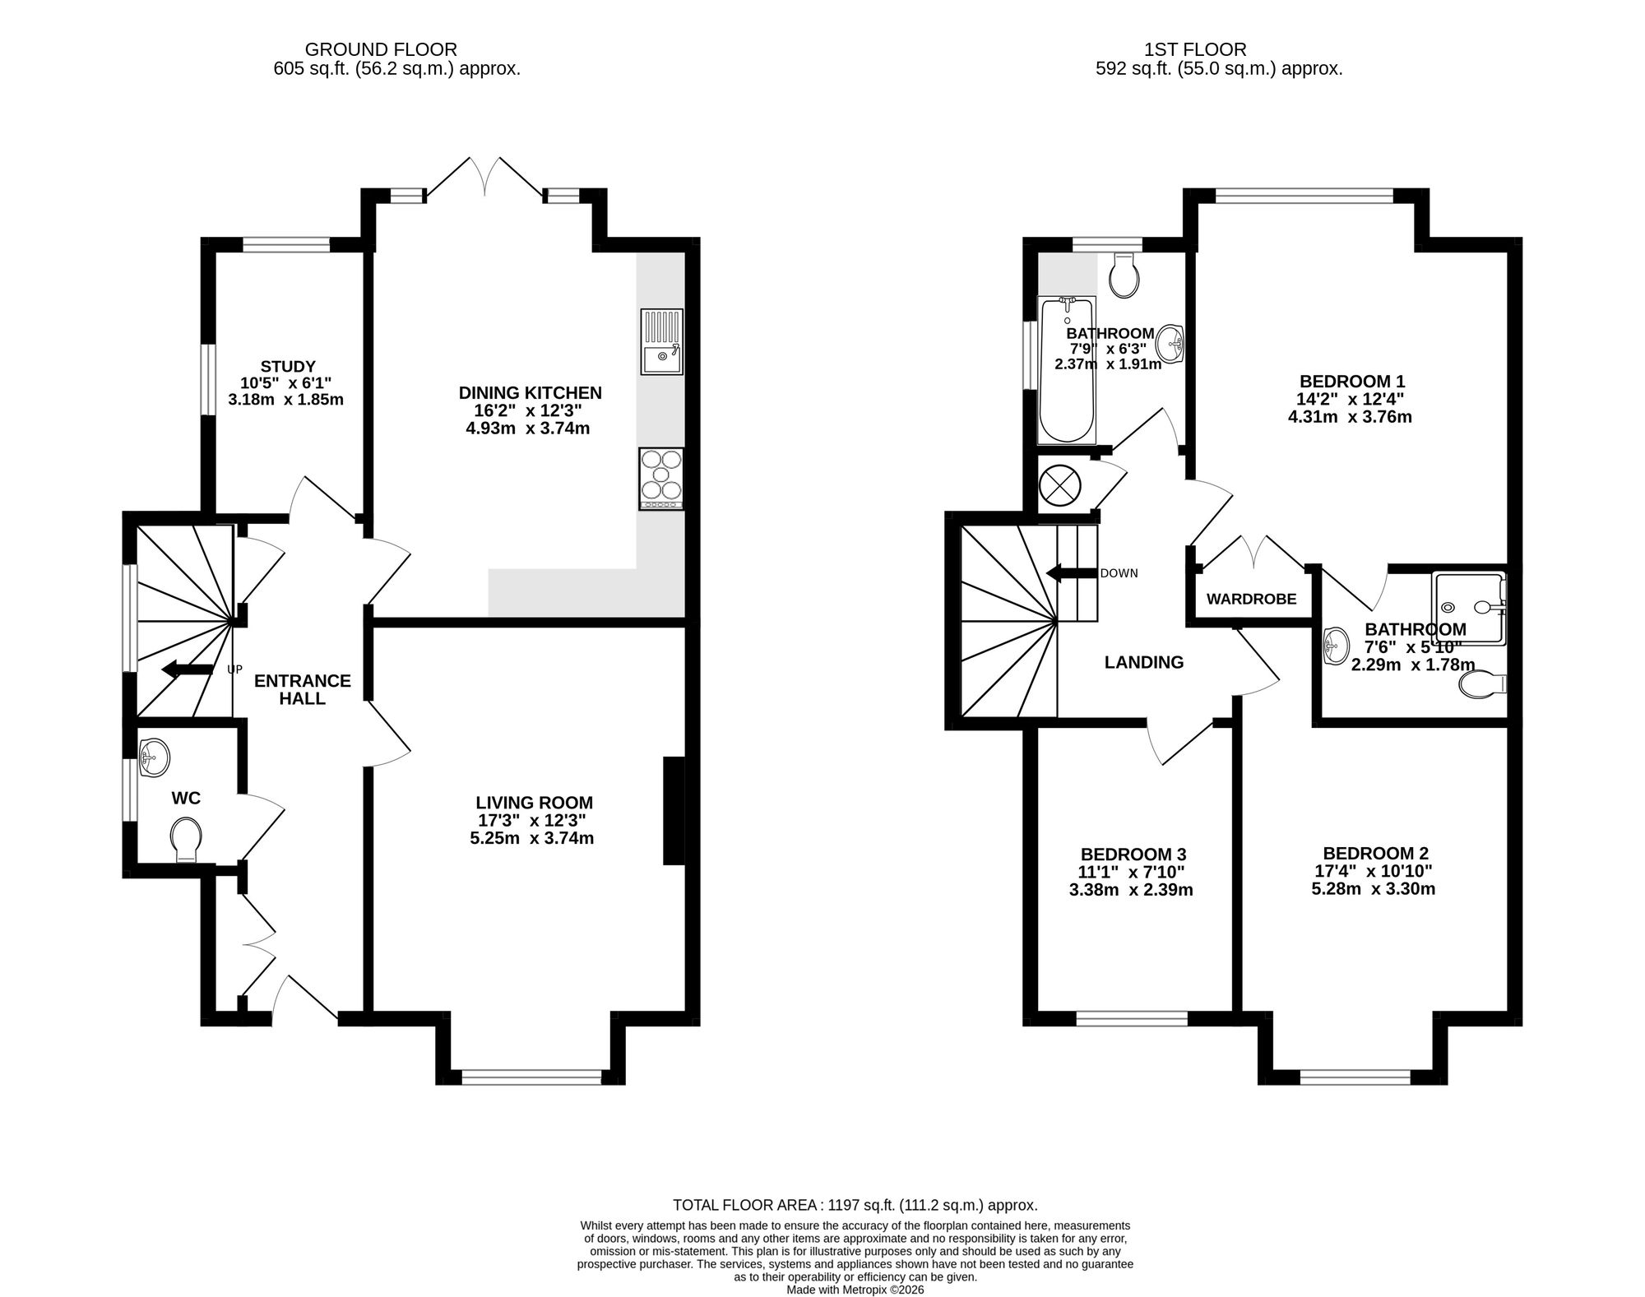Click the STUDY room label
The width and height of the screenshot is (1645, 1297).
click(288, 366)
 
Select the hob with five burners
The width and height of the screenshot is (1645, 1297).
click(661, 478)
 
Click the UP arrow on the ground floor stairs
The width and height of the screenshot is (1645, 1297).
click(188, 669)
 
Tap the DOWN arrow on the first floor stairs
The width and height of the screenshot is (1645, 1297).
click(1072, 573)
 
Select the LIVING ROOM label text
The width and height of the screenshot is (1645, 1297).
click(534, 803)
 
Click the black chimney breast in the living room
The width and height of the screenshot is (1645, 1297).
click(674, 811)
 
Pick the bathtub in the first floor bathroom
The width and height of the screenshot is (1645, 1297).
click(1068, 371)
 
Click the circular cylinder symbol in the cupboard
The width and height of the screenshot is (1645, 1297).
click(1059, 484)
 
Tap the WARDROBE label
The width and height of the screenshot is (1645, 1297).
click(1251, 599)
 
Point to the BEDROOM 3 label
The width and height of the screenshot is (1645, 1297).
click(1133, 855)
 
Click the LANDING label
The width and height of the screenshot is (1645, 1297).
click(1144, 662)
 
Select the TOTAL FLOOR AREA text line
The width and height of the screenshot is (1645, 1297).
click(855, 1206)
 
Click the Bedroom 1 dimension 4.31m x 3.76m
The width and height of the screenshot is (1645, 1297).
click(1350, 417)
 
